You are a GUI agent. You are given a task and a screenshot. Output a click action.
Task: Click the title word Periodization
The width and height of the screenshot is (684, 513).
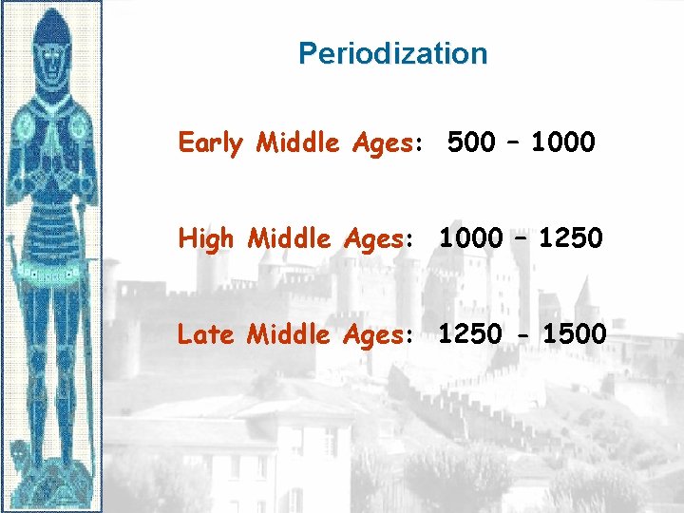[392, 53]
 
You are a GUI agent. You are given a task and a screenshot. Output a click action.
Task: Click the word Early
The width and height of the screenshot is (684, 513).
[210, 143]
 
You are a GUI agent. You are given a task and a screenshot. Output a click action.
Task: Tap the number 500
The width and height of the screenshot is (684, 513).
[470, 143]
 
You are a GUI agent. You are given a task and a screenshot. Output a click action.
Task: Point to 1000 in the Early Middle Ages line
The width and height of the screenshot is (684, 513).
[563, 143]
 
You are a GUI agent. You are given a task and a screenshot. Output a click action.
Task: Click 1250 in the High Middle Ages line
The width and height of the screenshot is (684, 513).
[570, 238]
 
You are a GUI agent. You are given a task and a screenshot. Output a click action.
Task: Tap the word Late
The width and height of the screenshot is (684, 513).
[207, 333]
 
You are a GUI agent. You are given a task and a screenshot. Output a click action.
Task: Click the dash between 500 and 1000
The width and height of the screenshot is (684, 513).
[513, 143]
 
